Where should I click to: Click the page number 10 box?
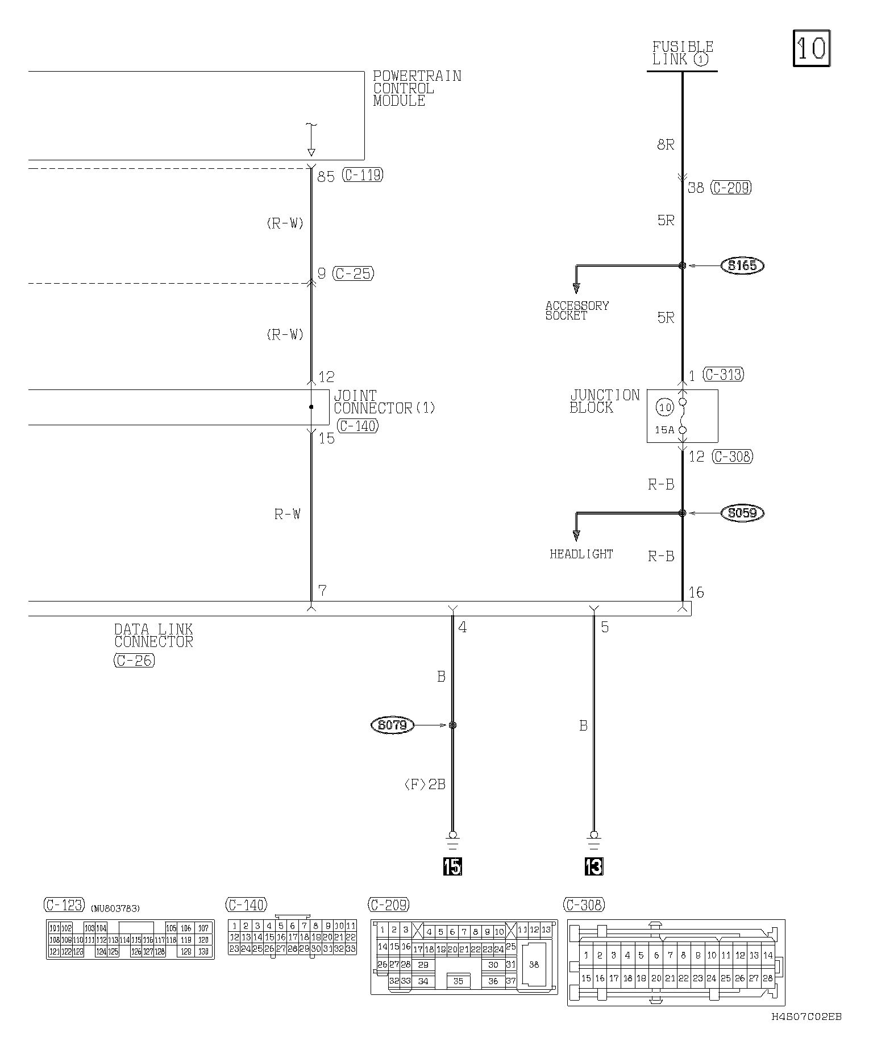(x=812, y=49)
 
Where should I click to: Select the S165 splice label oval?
(x=742, y=266)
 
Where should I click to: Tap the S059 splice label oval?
(x=742, y=513)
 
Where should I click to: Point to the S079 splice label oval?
(x=392, y=725)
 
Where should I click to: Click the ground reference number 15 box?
(x=453, y=866)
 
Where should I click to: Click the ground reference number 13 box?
(x=593, y=866)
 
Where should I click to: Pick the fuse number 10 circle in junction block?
(x=665, y=407)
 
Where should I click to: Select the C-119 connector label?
(x=363, y=175)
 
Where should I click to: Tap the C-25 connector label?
(x=353, y=273)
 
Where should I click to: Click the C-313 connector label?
(x=724, y=375)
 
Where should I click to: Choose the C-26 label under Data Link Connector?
(x=134, y=661)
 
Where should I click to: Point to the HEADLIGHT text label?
(x=581, y=554)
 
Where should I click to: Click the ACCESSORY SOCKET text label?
(x=576, y=310)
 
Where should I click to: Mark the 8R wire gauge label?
(x=666, y=145)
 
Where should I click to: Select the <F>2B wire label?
(x=425, y=785)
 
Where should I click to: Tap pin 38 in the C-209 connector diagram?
(x=534, y=965)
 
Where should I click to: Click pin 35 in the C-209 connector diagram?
(x=458, y=981)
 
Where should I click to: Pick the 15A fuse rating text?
(x=664, y=430)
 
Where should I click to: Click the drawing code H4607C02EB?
(x=807, y=1017)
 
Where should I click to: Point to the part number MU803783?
(x=115, y=909)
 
